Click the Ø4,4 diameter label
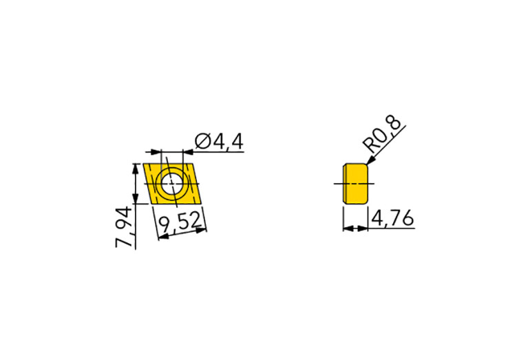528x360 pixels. (x=220, y=142)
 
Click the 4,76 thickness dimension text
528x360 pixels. (x=392, y=219)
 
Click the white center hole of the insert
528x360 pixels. (x=169, y=184)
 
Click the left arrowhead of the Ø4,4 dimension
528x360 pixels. (x=156, y=151)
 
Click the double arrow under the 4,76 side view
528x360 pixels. (x=355, y=227)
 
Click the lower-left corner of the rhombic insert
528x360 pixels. (x=149, y=204)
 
